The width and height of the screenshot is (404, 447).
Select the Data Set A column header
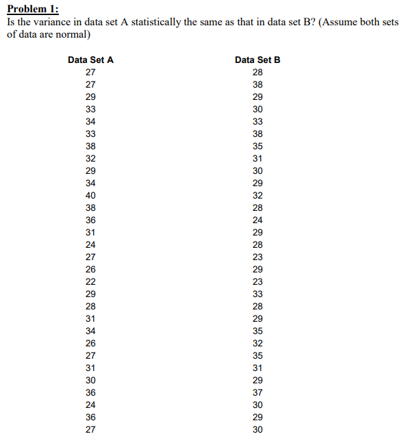(90, 60)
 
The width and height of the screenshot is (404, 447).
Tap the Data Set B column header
(257, 60)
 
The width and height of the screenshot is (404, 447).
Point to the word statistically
(161, 22)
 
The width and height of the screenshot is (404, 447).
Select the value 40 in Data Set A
(90, 195)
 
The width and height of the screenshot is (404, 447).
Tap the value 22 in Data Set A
(90, 281)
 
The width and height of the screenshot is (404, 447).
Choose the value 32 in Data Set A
(90, 158)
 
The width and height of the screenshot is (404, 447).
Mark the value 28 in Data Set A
(90, 306)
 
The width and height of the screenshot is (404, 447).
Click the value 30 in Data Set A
(90, 380)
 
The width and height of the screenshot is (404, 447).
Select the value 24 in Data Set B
(257, 220)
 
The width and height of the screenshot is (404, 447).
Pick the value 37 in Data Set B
(257, 392)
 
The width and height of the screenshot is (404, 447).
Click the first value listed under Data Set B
(257, 72)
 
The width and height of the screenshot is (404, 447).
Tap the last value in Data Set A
(90, 429)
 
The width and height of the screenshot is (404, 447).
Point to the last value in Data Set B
(257, 429)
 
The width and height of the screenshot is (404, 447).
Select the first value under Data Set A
(90, 72)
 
